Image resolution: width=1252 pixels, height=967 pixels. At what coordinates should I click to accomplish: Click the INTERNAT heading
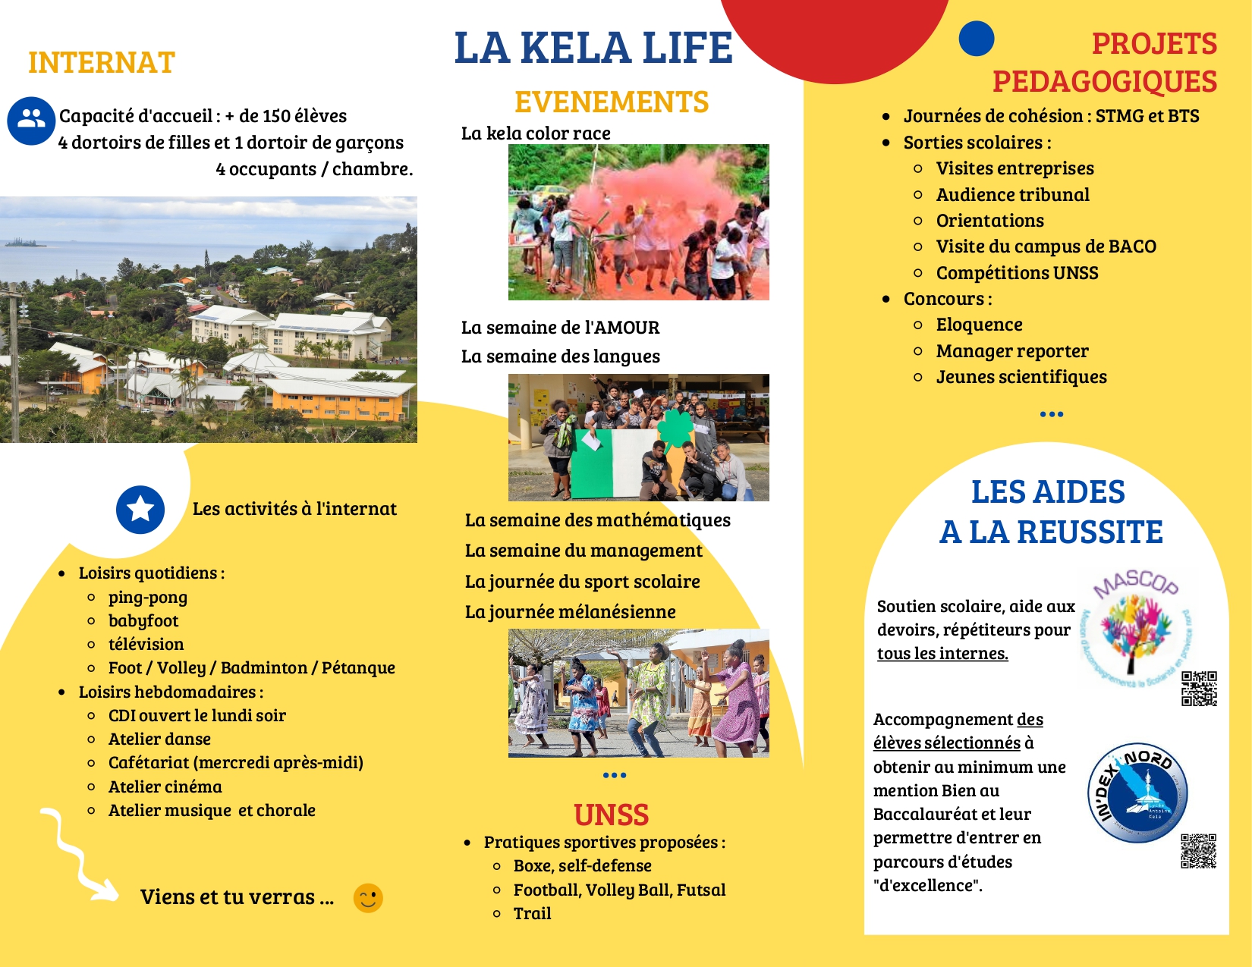[x=102, y=63]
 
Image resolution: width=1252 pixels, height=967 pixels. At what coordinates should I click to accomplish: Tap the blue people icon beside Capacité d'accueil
[x=31, y=120]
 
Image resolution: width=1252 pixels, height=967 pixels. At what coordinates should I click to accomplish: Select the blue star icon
[x=140, y=510]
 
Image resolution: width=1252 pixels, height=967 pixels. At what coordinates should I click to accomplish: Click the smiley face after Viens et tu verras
[x=368, y=898]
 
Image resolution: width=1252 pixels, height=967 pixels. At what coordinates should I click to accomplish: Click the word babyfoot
[x=143, y=620]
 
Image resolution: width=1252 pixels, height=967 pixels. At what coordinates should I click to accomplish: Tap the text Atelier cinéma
[x=165, y=786]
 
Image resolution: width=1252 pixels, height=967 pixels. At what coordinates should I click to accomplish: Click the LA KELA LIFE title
[x=593, y=48]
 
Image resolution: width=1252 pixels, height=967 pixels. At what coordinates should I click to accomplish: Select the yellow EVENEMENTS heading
[x=612, y=102]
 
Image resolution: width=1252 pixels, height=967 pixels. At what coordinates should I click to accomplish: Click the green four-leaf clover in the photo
[x=675, y=427]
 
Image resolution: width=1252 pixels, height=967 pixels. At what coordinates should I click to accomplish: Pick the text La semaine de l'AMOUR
[x=560, y=328]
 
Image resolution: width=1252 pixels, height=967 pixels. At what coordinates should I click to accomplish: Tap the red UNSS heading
[x=611, y=815]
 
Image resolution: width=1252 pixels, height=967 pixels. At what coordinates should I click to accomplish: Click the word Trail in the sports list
[x=532, y=913]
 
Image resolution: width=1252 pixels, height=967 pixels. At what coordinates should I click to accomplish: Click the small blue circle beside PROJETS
[x=976, y=39]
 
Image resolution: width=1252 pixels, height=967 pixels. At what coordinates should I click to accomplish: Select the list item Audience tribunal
[x=1012, y=195]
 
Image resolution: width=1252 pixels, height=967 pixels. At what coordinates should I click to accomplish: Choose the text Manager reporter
[x=1011, y=351]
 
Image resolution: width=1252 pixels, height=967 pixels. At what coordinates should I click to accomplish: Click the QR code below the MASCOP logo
[x=1199, y=688]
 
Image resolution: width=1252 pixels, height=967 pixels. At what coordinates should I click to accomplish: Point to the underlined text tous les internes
[x=942, y=654]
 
